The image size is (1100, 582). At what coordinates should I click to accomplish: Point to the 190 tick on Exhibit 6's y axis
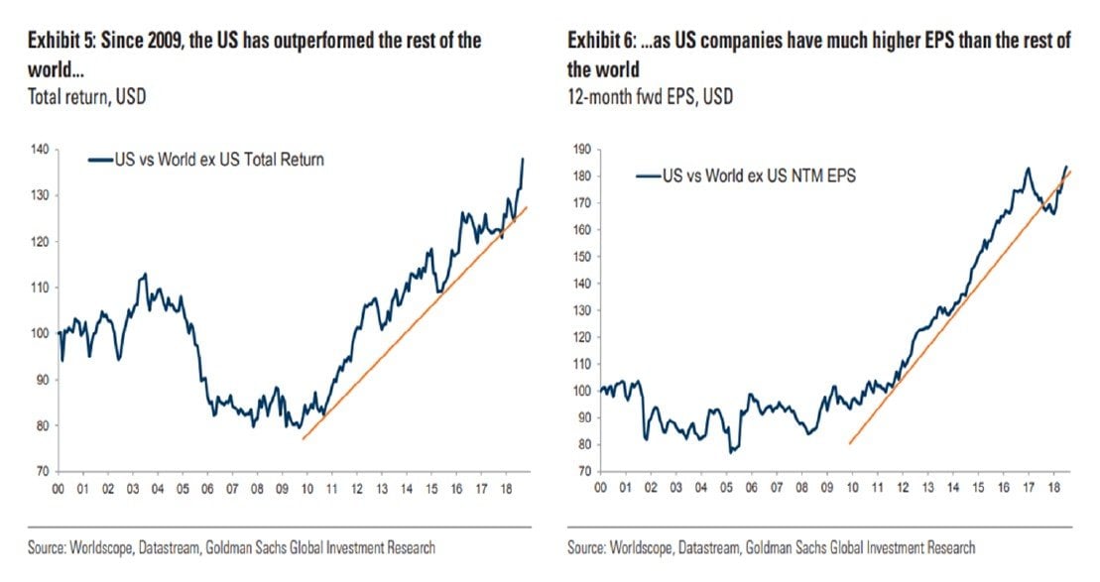583,149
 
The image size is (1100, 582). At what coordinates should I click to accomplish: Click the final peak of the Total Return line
523,159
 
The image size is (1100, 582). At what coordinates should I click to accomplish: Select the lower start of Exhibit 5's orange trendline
303,438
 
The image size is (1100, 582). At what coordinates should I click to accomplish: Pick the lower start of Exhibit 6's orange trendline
850,443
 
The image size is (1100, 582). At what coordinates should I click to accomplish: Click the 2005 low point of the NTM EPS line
731,453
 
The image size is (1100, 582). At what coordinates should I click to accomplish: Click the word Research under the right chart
946,547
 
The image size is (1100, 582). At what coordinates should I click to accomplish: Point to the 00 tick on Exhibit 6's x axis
599,489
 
